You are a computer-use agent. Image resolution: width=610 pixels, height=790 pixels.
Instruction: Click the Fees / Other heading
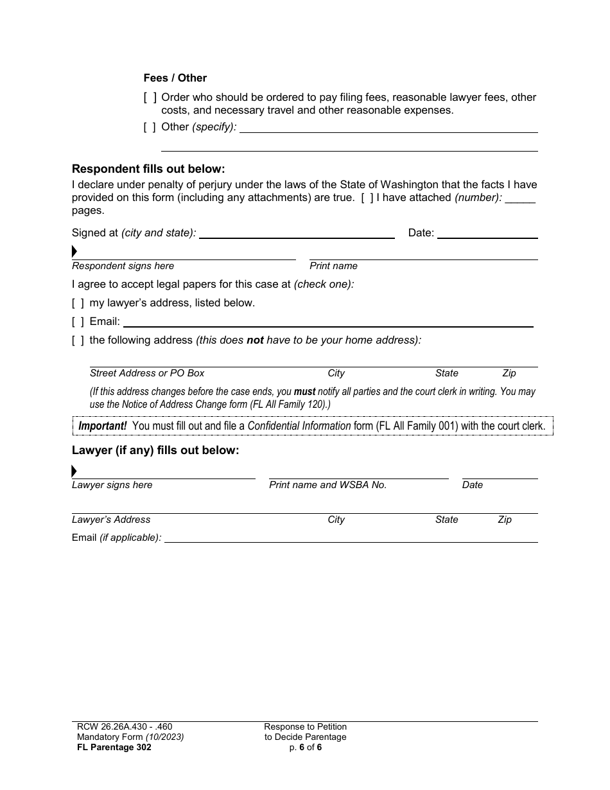tap(175, 78)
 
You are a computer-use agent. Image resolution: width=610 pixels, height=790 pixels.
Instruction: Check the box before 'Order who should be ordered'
tap(150, 98)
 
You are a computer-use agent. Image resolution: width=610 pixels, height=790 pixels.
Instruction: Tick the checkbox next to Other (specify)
tap(150, 127)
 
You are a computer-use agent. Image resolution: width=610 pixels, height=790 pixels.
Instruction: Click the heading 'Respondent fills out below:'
tap(148, 169)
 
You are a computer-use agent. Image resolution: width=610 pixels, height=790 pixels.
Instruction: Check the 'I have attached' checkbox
tap(367, 198)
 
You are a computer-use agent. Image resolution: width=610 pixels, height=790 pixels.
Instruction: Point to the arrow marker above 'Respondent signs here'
tap(74, 251)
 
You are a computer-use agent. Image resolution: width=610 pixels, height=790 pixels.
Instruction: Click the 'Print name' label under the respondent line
tap(333, 266)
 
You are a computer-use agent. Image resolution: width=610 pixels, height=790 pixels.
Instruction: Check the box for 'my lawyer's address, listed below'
tap(78, 303)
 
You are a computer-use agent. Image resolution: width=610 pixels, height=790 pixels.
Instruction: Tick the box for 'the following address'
tap(78, 340)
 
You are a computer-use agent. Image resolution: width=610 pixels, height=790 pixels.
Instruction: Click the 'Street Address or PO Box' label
tap(147, 373)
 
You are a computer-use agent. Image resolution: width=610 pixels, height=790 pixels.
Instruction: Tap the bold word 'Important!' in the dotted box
tap(103, 426)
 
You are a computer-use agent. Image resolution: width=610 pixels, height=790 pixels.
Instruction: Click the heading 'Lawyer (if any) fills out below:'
tap(155, 450)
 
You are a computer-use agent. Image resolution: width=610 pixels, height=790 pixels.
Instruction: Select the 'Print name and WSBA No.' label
tap(327, 485)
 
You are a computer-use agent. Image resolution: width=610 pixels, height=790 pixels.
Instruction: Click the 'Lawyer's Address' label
tap(111, 520)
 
